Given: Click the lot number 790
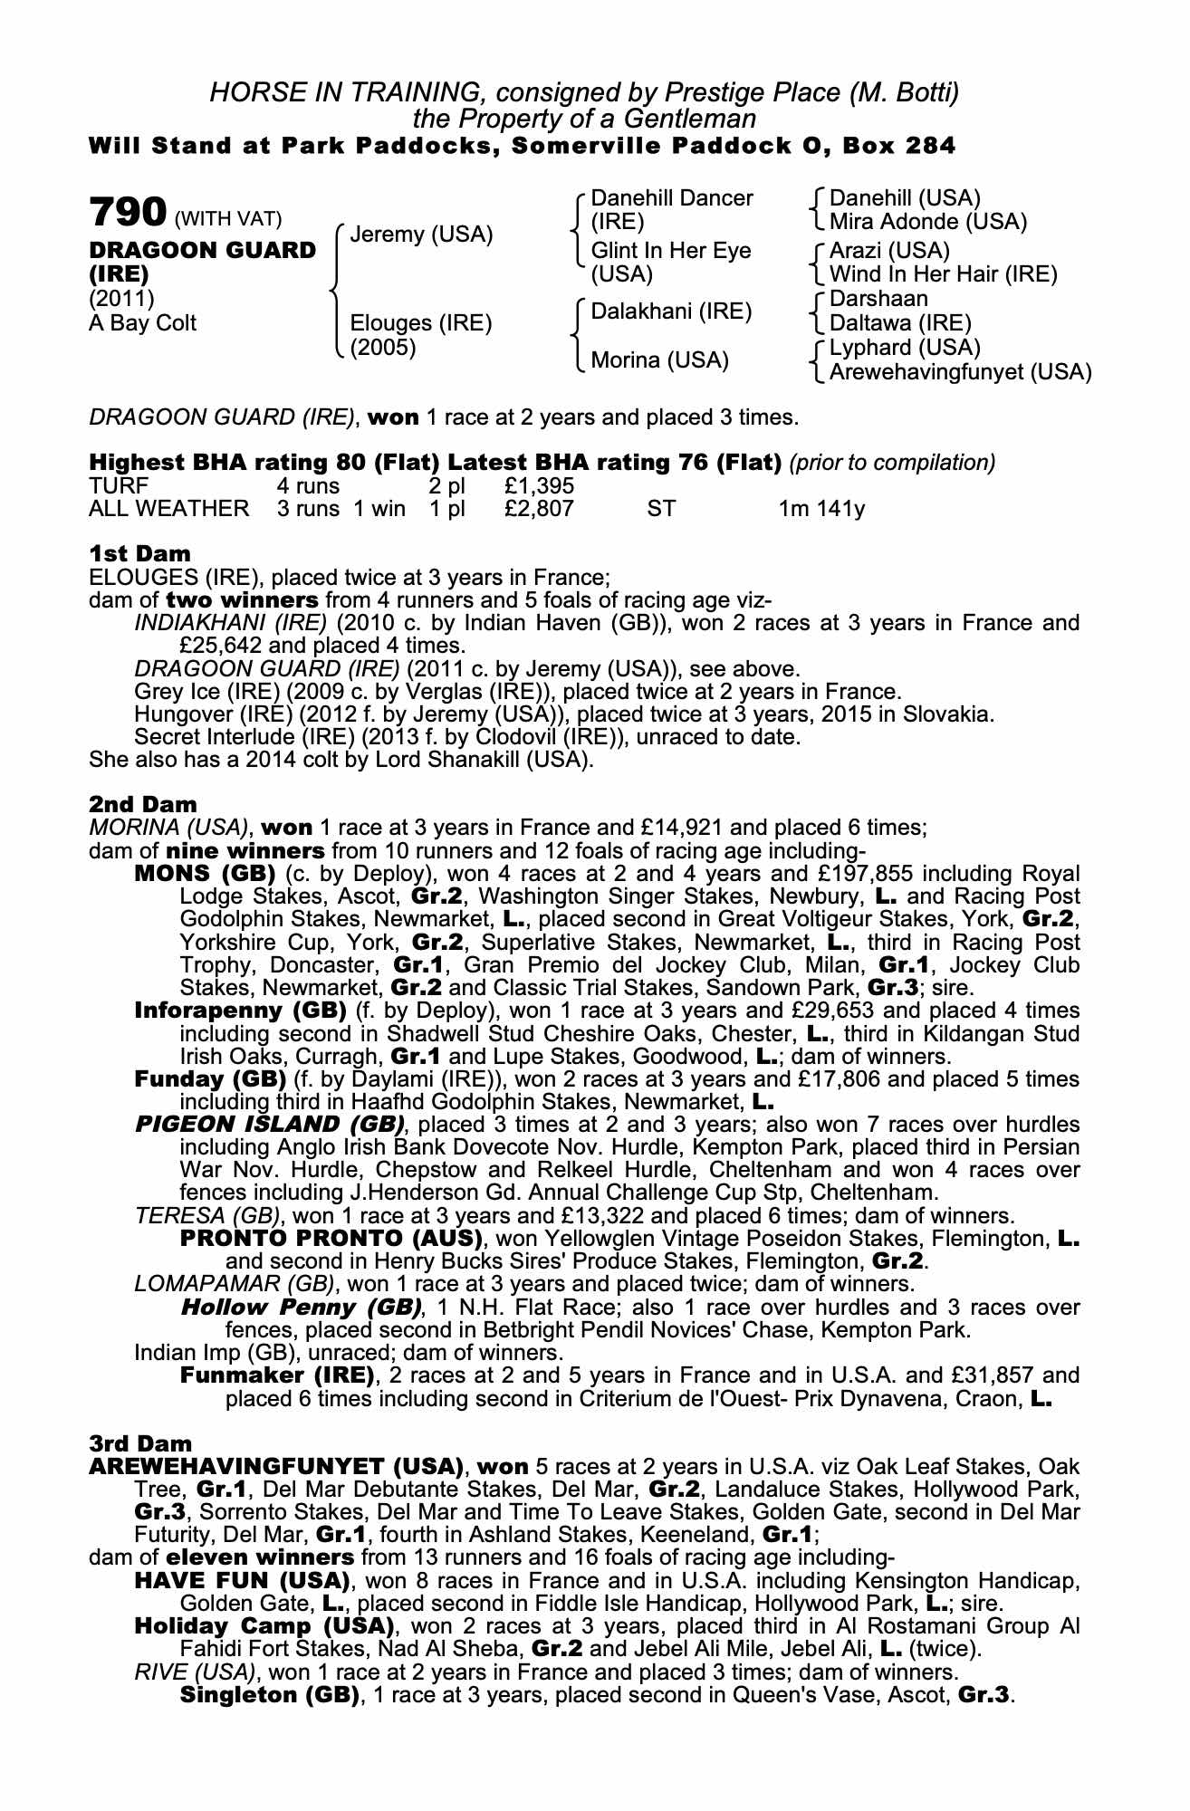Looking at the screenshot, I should [127, 214].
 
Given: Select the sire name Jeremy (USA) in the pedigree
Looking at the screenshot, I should [421, 235].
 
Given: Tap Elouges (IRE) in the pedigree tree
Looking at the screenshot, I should [421, 323].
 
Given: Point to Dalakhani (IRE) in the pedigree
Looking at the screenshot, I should [671, 311].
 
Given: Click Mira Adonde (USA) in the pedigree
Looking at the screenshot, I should [927, 222].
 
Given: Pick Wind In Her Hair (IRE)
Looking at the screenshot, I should [943, 274].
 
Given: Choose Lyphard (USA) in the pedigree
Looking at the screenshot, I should [905, 348].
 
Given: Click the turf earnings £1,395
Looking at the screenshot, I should [539, 486].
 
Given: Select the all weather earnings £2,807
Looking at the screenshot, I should [539, 509].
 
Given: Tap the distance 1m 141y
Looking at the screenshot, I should [821, 509].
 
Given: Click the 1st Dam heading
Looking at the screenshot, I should [140, 553].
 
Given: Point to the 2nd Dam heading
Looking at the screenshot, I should [142, 804].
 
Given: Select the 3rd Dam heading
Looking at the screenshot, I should [141, 1442].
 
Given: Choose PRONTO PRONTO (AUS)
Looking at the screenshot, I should [331, 1238].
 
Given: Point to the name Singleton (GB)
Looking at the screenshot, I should [270, 1694].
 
